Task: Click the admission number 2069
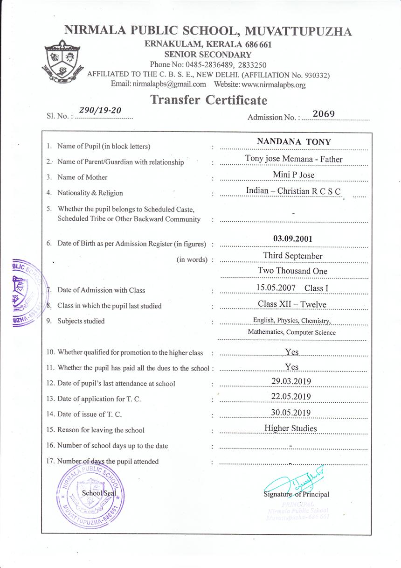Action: pyautogui.click(x=324, y=113)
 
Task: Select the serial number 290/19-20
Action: pyautogui.click(x=100, y=110)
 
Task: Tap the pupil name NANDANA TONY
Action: pyautogui.click(x=294, y=142)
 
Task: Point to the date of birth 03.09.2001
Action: pyautogui.click(x=293, y=239)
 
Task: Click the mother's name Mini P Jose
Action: pyautogui.click(x=294, y=175)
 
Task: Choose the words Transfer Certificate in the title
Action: pyautogui.click(x=209, y=100)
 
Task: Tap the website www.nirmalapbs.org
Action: pyautogui.click(x=274, y=84)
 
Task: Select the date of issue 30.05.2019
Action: pyautogui.click(x=291, y=412)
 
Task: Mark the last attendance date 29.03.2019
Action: pyautogui.click(x=291, y=381)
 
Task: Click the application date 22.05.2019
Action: pyautogui.click(x=291, y=397)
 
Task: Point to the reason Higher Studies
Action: pyautogui.click(x=290, y=428)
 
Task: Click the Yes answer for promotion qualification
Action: pyautogui.click(x=292, y=352)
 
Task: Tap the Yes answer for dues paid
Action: pyautogui.click(x=292, y=367)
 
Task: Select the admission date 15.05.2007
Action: pyautogui.click(x=276, y=288)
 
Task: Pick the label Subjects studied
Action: pyautogui.click(x=81, y=321)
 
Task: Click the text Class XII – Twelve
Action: pyautogui.click(x=292, y=305)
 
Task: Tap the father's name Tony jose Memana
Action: pyautogui.click(x=277, y=159)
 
